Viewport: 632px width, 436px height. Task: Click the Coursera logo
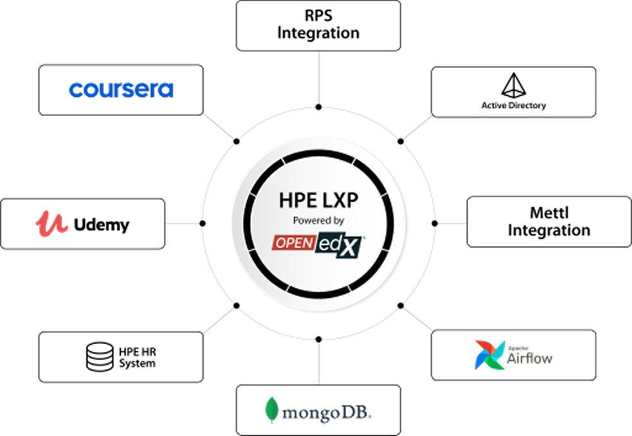point(121,90)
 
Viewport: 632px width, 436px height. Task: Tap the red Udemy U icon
point(51,223)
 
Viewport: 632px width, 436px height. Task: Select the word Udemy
point(101,225)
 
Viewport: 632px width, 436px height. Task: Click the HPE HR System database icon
point(100,356)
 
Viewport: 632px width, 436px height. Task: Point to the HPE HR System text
point(137,358)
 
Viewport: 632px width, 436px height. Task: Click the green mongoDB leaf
point(272,410)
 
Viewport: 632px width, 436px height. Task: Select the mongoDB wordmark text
point(327,413)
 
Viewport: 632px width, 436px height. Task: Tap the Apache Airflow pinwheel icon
point(489,355)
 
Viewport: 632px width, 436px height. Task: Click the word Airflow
point(529,358)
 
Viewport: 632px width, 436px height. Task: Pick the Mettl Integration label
point(549,222)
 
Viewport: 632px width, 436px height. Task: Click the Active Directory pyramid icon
point(514,85)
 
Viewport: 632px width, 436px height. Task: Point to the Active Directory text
point(514,105)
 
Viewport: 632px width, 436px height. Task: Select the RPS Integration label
point(319,24)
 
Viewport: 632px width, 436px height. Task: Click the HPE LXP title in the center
point(319,200)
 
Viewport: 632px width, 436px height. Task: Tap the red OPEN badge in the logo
point(294,243)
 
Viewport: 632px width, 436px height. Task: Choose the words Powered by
point(319,220)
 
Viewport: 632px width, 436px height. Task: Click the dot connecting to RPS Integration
point(319,107)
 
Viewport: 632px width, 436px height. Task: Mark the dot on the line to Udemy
point(203,223)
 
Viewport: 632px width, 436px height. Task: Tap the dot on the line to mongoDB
point(319,339)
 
